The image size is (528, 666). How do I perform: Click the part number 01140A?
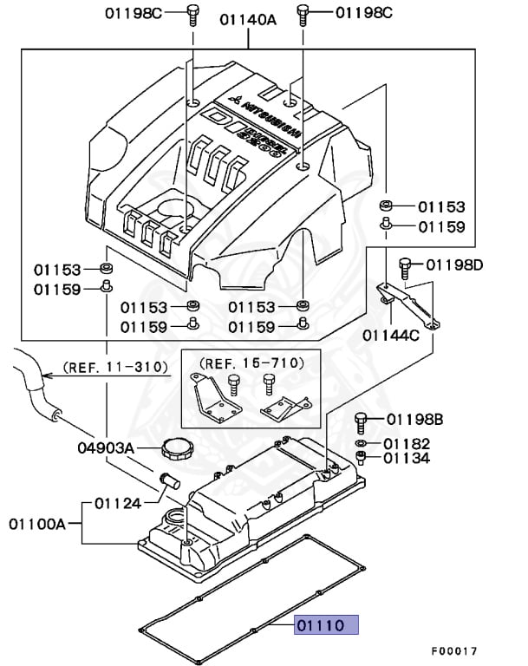coord(248,18)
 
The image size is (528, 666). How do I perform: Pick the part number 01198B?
coord(414,420)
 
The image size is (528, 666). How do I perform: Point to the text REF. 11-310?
coord(118,367)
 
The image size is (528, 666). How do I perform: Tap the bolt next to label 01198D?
coord(404,265)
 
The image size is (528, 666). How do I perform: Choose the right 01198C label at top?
coord(364,13)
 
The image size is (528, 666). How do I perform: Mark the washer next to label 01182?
coord(361,444)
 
